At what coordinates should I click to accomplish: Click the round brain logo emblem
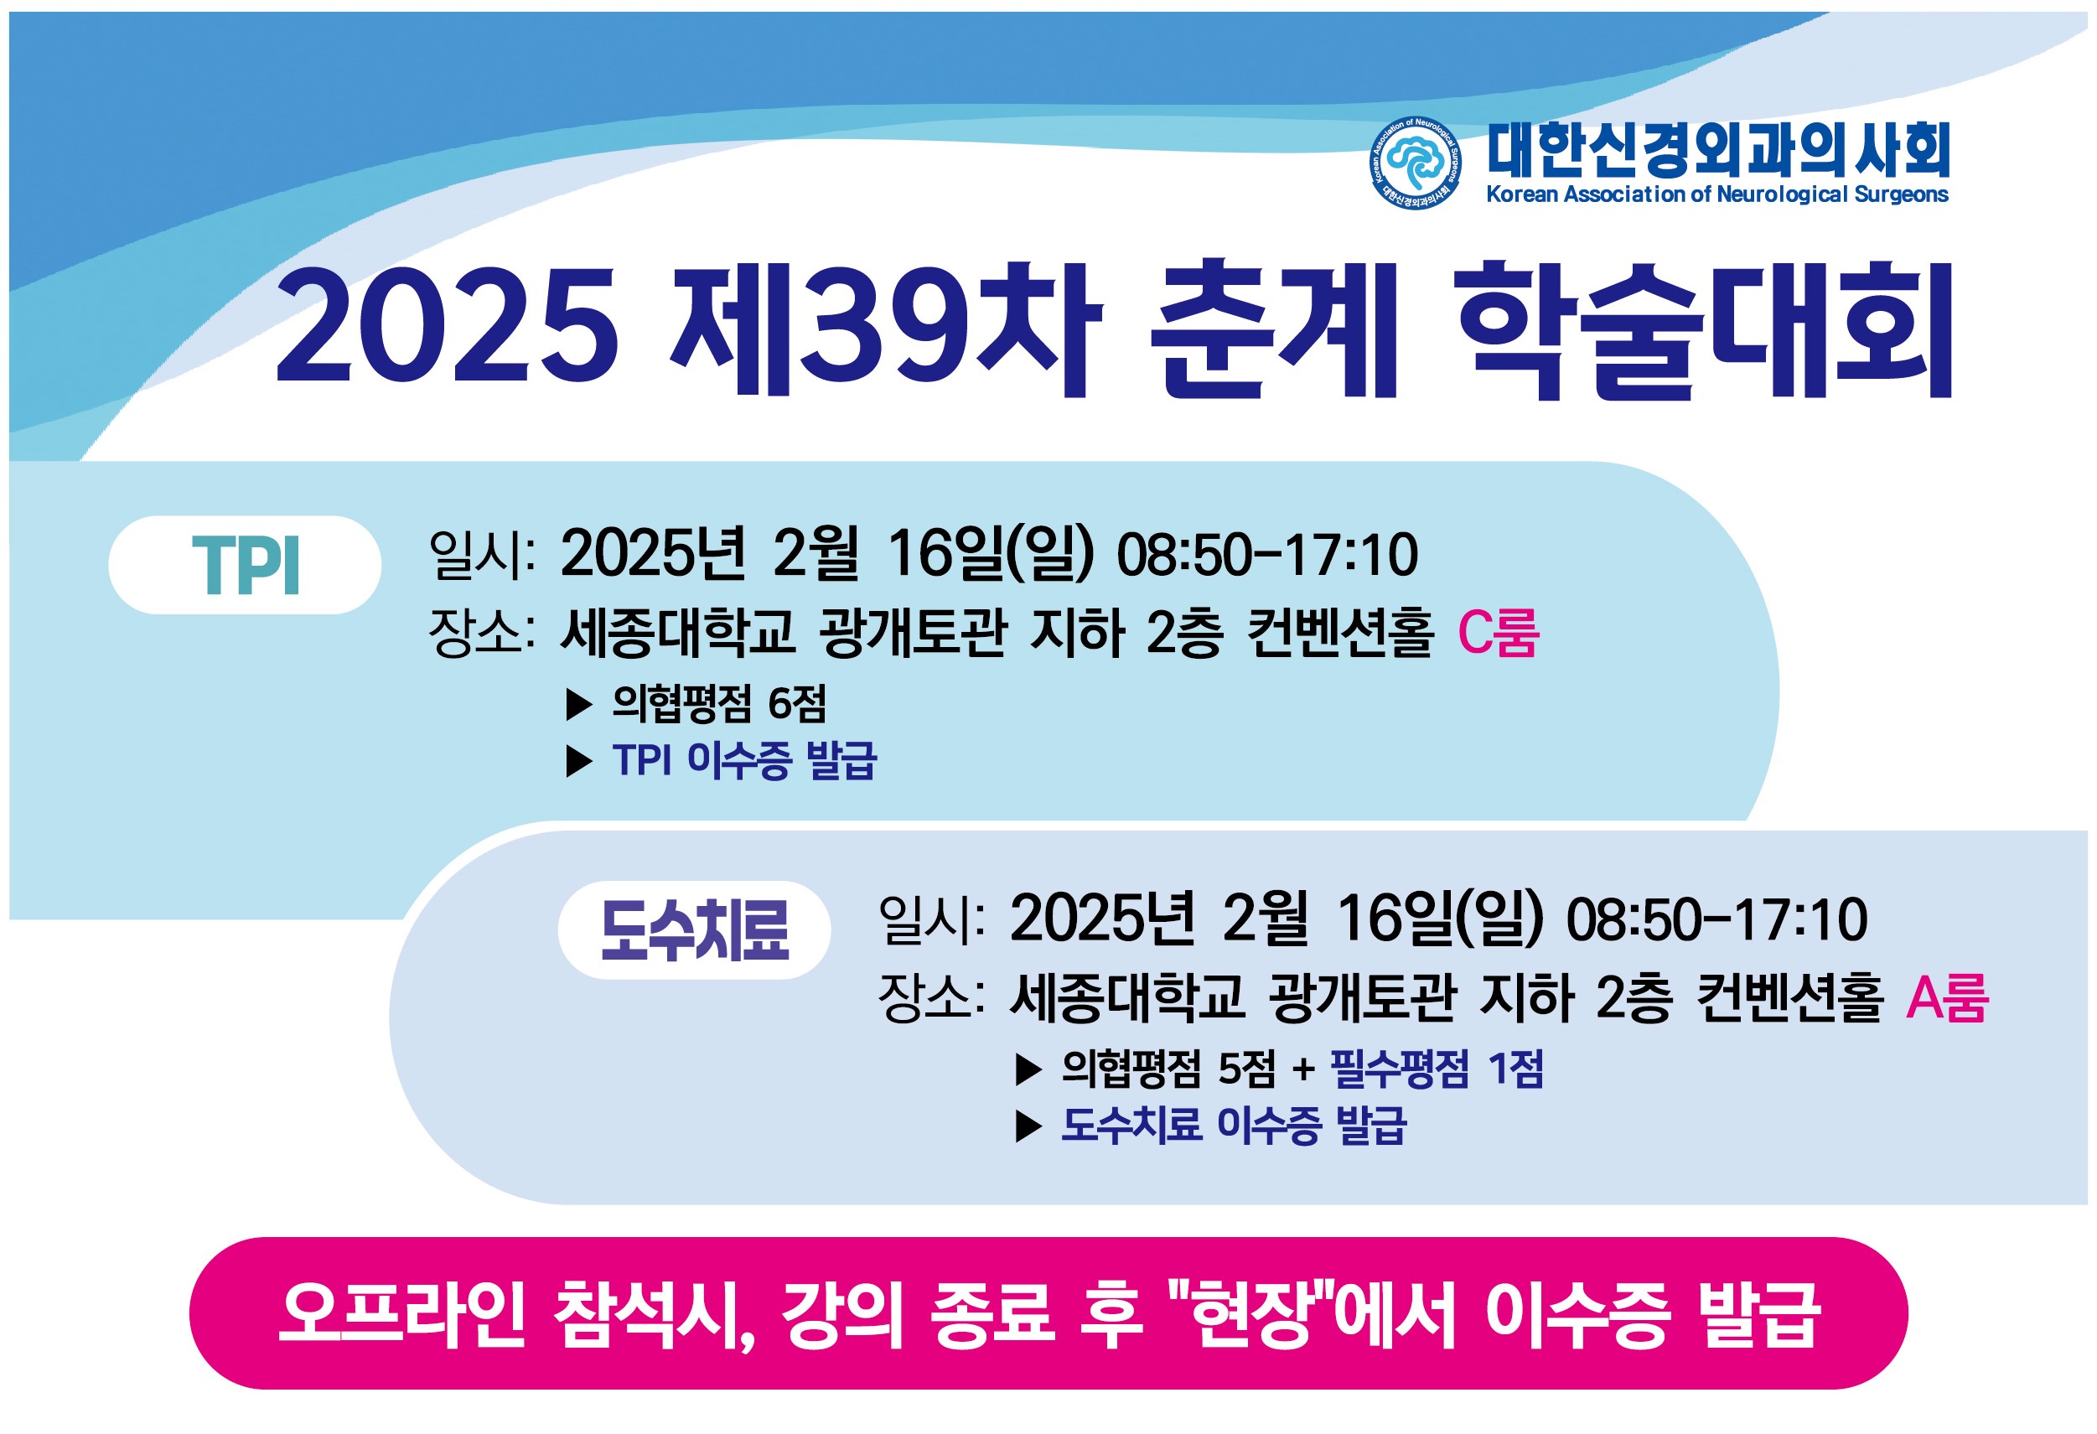click(1415, 163)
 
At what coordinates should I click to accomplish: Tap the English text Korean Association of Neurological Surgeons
click(1717, 194)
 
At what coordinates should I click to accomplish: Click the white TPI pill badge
click(245, 565)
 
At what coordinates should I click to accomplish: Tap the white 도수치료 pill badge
click(694, 929)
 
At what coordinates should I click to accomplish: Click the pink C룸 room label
click(1498, 633)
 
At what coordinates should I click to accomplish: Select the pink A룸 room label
click(1947, 997)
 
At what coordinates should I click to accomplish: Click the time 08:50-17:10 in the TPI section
click(1267, 555)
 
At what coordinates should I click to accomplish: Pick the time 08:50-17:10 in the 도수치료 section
click(1716, 919)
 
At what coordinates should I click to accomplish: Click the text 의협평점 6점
click(719, 704)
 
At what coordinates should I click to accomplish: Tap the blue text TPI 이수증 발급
click(744, 760)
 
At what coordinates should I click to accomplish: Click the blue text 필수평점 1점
click(1437, 1069)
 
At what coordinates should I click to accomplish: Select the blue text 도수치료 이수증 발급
click(1234, 1125)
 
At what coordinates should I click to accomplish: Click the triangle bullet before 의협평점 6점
click(578, 705)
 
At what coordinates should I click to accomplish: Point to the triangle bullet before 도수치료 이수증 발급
click(1028, 1126)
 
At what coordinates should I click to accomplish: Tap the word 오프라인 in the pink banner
click(402, 1314)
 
